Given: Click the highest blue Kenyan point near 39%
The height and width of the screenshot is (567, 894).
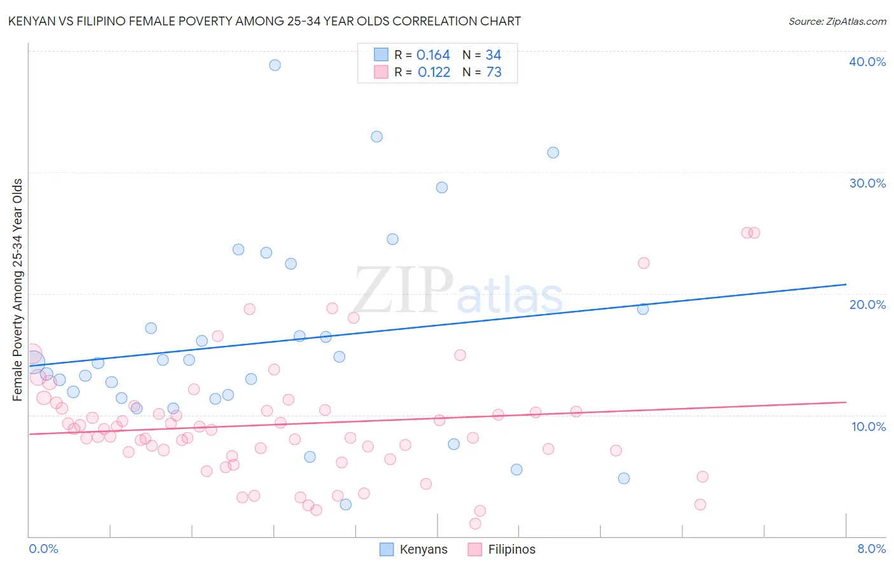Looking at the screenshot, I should coord(275,65).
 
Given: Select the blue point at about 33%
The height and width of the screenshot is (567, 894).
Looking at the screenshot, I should coord(376,137).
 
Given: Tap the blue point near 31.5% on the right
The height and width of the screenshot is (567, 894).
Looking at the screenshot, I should coord(553,153).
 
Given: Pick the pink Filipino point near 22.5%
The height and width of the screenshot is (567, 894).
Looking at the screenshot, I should coord(643,263).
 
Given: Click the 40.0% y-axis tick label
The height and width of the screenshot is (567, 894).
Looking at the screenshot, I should coord(867,62).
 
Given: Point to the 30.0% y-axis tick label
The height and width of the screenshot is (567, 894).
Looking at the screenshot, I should coord(867,183).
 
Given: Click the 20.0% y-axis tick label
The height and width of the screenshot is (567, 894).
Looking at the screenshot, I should coord(867,304).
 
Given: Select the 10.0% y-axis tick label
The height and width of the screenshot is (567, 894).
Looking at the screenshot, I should coord(867,427).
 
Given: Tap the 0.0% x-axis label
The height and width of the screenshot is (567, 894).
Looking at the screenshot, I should coord(43,549).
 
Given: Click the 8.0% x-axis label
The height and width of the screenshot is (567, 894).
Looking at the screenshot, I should coord(871,549).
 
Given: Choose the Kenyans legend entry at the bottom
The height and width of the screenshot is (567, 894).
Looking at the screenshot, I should coord(414,550).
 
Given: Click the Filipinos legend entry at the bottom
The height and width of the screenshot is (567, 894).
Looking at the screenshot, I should coord(502,550).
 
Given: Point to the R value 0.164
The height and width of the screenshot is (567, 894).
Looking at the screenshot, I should coord(433,55).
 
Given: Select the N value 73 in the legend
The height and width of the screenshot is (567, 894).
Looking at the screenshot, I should coord(494,72).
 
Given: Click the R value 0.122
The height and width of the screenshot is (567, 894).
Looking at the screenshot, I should coord(434,72).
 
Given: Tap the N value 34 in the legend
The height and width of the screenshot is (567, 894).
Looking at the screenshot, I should coord(493,55).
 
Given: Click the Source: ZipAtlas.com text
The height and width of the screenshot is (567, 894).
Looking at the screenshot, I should coord(837,22).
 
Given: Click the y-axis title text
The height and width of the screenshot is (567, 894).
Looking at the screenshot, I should coord(18,290).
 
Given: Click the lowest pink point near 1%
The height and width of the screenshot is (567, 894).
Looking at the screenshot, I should coord(475,524).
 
